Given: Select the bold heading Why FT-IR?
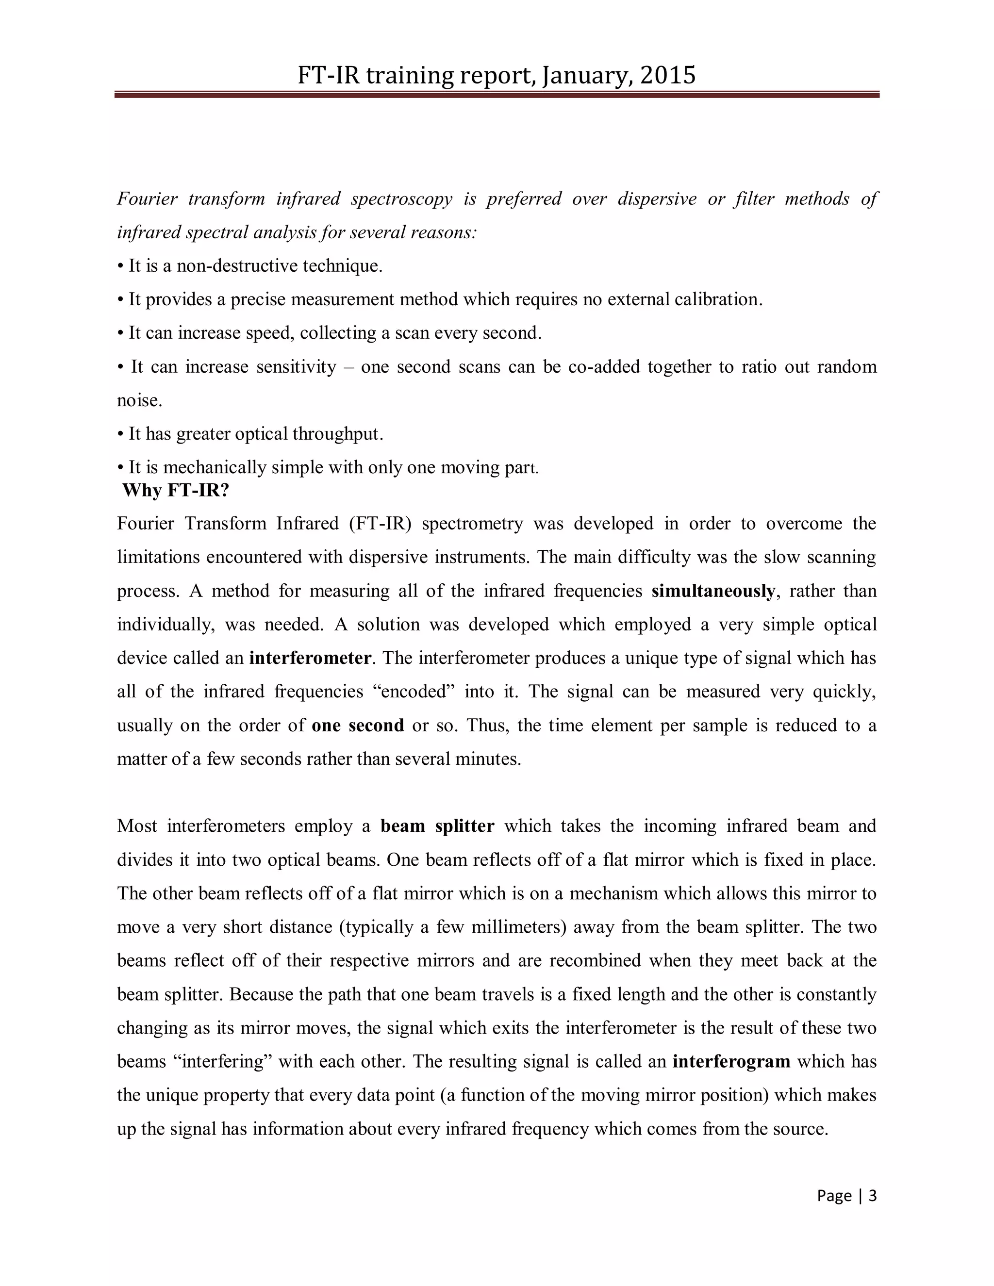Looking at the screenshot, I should [176, 490].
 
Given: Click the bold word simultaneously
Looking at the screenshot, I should [713, 591].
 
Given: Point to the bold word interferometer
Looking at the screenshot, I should [310, 658].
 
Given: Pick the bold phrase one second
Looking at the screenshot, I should [357, 725].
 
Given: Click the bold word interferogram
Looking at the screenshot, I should [731, 1062].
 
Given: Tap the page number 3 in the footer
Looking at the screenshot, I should [873, 1195].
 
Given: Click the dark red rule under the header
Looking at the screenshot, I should [497, 94].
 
